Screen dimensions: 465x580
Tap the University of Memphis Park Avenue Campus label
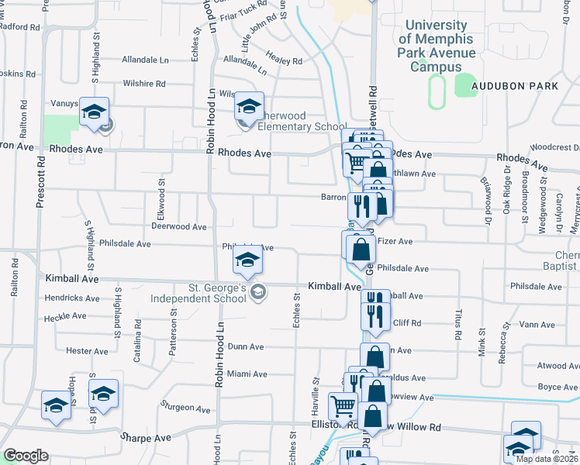[437, 46]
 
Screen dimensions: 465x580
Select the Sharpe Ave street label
[145, 437]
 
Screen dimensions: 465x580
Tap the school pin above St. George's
[247, 262]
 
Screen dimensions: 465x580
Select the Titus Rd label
[458, 324]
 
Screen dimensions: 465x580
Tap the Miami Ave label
[247, 374]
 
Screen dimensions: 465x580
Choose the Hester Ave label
[87, 351]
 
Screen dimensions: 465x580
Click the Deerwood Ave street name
[178, 227]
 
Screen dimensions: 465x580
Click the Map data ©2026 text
[546, 459]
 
